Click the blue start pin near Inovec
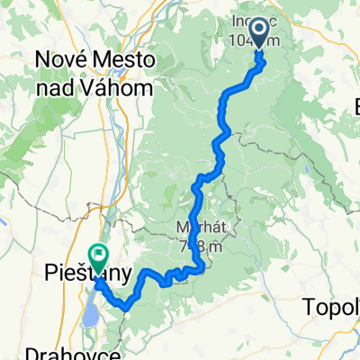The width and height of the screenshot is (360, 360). point(259,33)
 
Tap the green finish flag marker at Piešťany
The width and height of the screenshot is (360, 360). point(96,258)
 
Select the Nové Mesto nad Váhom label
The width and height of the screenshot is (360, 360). point(94,74)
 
